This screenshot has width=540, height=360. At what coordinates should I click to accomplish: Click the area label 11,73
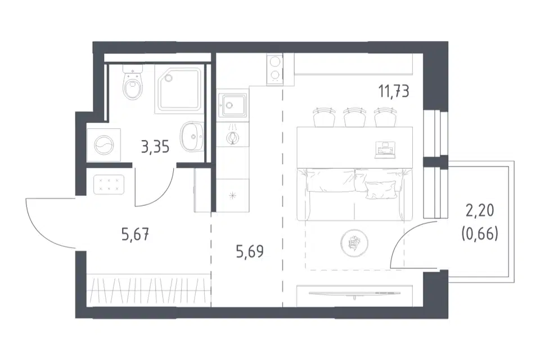pos(394,92)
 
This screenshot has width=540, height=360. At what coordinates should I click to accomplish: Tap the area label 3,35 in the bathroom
pos(155,147)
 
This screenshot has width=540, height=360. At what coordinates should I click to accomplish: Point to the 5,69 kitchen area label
pos(250,251)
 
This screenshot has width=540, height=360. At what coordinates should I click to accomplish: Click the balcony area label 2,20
pos(480,210)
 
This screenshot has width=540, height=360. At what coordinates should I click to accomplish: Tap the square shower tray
pos(178,89)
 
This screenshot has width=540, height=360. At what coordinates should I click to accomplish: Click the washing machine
pos(103,145)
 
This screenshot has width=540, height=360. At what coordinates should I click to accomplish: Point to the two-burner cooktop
pos(274,70)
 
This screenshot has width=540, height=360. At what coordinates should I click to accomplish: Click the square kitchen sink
pos(232,105)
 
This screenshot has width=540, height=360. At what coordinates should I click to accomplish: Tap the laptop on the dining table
pos(384,150)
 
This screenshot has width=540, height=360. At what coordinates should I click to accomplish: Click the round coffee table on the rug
pos(354,243)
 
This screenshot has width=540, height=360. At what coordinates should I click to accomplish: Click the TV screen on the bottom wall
pos(355,294)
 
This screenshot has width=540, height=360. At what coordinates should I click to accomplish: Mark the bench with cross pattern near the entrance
pos(109,184)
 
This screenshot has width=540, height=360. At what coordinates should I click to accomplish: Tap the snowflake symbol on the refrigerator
pos(233,196)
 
